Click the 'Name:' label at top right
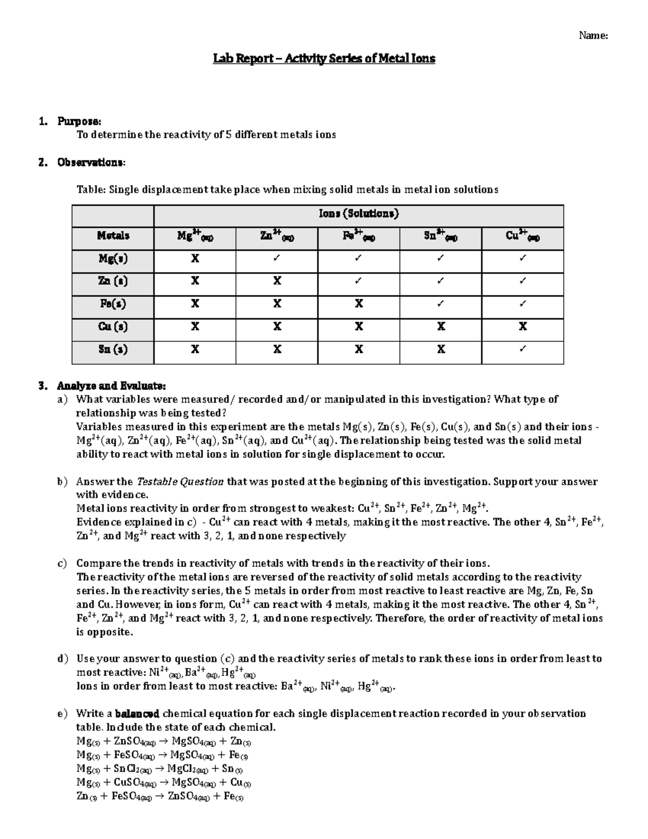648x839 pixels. (593, 36)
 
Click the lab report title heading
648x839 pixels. (323, 58)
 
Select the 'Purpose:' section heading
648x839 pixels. (79, 121)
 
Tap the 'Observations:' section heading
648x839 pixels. (91, 162)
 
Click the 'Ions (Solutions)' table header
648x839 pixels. (359, 214)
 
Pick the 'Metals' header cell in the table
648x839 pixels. (113, 236)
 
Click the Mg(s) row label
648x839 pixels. (113, 259)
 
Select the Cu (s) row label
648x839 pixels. (113, 327)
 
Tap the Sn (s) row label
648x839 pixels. (113, 350)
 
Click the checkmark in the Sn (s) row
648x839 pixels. (522, 350)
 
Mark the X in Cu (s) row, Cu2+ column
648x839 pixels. (522, 327)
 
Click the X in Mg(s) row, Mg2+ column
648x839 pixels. (195, 259)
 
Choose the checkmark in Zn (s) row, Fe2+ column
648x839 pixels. (359, 281)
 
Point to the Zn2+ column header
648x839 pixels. (276, 236)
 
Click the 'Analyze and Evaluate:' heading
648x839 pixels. (111, 386)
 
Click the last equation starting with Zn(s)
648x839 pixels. (160, 796)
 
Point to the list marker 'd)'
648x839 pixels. (63, 659)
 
